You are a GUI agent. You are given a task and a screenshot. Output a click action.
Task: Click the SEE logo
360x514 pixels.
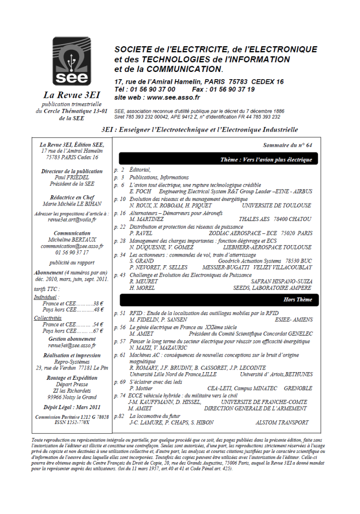pos(70,62)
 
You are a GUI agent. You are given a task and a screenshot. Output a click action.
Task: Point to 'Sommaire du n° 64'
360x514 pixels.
pos(287,146)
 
